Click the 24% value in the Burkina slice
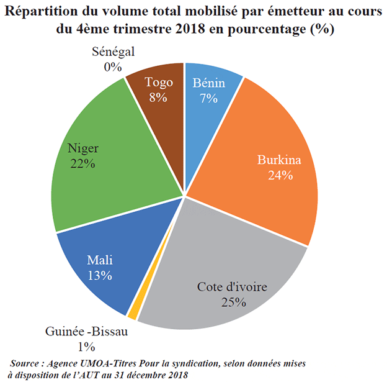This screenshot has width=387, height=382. pos(280,175)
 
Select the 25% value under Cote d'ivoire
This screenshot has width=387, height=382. pos(234,302)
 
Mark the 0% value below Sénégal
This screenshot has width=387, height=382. pos(112,65)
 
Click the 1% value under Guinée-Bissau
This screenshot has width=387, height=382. pos(86,346)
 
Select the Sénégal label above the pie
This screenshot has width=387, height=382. pos(113,52)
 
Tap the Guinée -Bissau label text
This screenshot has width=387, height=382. pos(87,332)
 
